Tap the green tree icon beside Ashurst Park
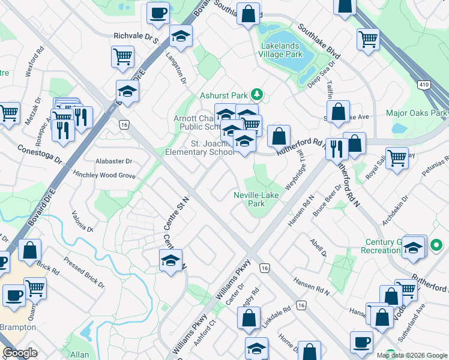[x=257, y=94]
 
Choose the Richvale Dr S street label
[x=135, y=36]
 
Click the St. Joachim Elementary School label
[x=212, y=148]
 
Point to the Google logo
[x=20, y=353]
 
